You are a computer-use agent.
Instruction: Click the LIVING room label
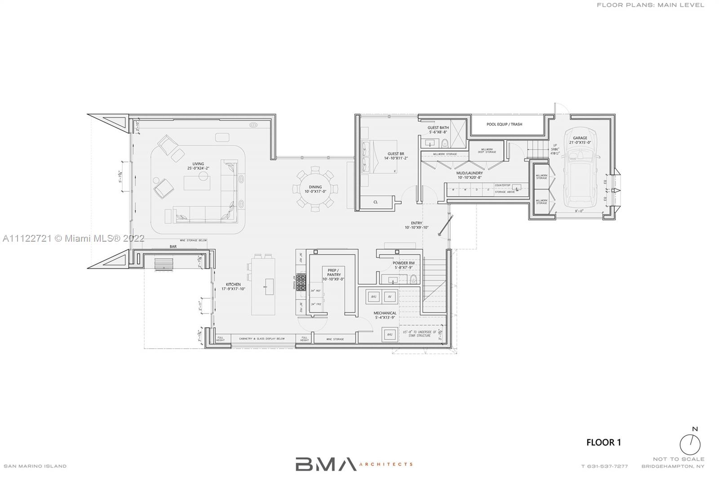pyautogui.click(x=198, y=164)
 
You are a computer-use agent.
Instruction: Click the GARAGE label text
pyautogui.click(x=580, y=138)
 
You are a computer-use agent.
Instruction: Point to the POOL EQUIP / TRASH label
pyautogui.click(x=504, y=124)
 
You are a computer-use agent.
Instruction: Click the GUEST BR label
pyautogui.click(x=395, y=154)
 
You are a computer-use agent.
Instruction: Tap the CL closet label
pyautogui.click(x=376, y=202)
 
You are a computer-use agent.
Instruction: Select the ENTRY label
pyautogui.click(x=417, y=223)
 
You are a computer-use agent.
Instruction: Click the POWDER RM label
pyautogui.click(x=403, y=263)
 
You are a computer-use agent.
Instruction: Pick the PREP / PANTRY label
pyautogui.click(x=334, y=272)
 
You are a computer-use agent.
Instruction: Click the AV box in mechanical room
pyautogui.click(x=390, y=297)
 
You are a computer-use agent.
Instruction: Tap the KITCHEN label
pyautogui.click(x=233, y=284)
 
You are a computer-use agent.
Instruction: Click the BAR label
pyautogui.click(x=173, y=247)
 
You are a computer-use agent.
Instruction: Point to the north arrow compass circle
pyautogui.click(x=690, y=445)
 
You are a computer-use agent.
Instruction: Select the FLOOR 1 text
pyautogui.click(x=604, y=442)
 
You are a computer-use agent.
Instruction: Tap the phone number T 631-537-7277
pyautogui.click(x=604, y=466)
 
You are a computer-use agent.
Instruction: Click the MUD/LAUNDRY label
pyautogui.click(x=470, y=173)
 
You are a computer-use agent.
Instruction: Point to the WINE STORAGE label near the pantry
pyautogui.click(x=335, y=339)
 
